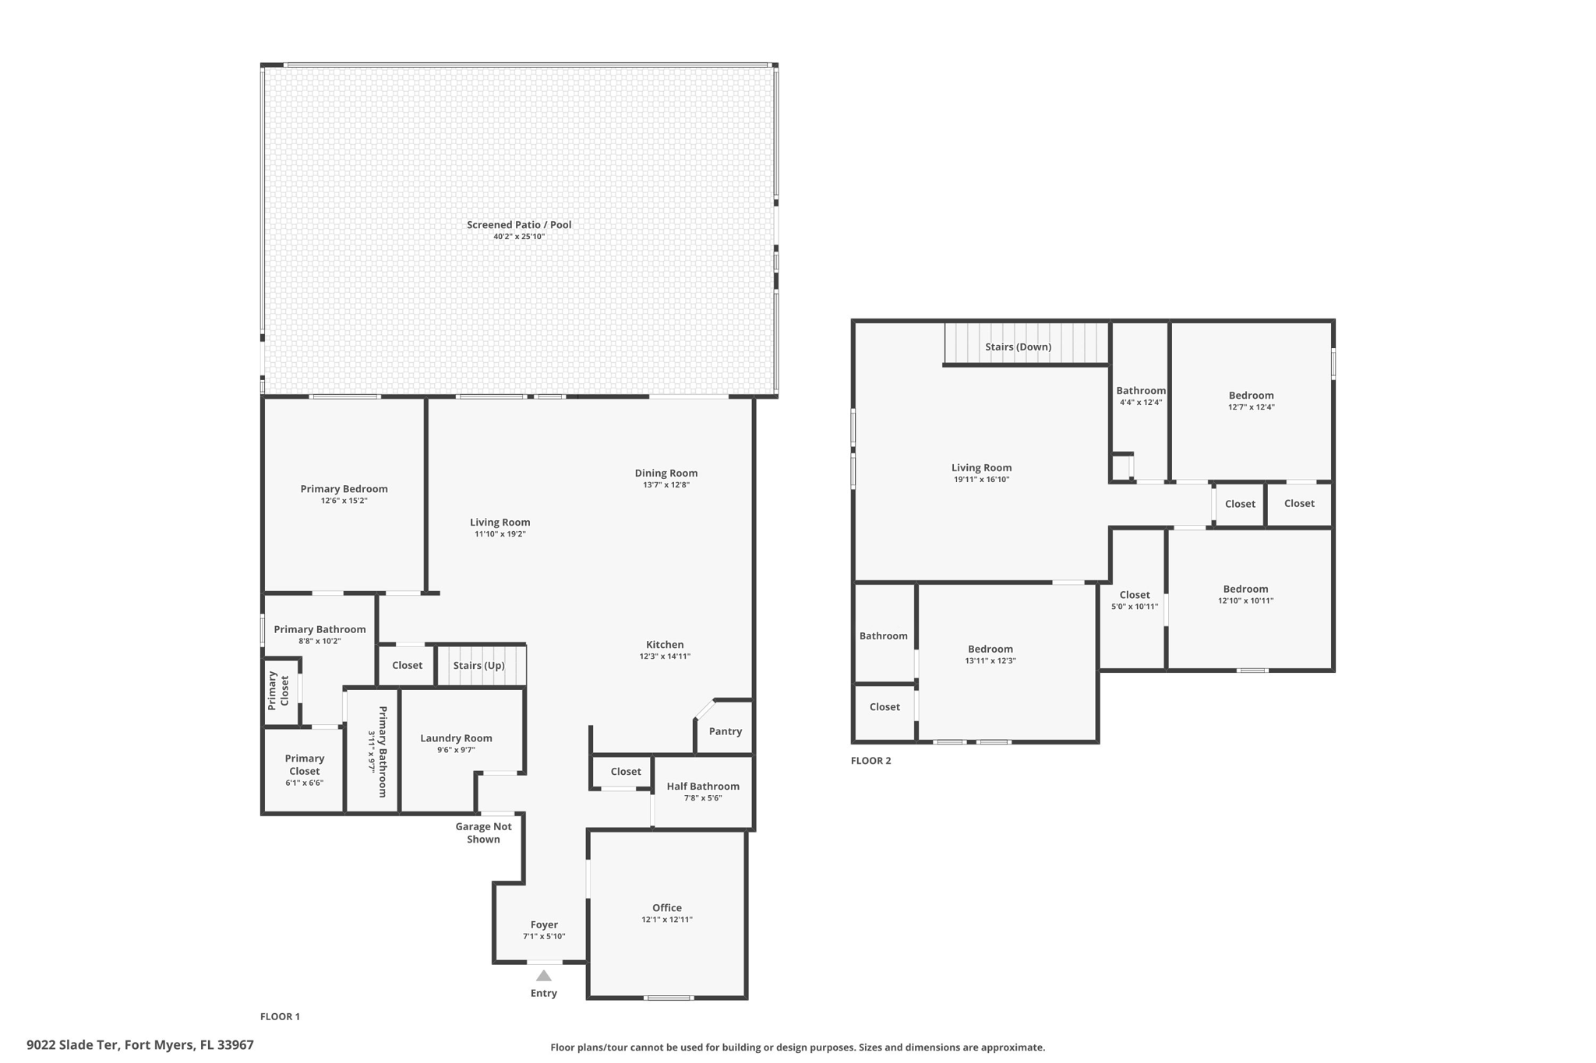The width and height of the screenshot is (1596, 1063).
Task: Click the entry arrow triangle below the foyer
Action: click(x=544, y=976)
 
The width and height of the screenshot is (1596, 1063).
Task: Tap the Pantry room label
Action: click(x=726, y=731)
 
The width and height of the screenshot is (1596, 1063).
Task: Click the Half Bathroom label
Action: click(x=703, y=787)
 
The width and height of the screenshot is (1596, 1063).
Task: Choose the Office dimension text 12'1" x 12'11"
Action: click(x=667, y=920)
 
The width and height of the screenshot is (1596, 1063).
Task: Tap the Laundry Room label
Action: click(x=456, y=738)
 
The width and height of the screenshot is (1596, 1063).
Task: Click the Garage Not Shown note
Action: click(x=484, y=833)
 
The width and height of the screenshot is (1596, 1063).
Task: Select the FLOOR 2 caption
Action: click(x=870, y=761)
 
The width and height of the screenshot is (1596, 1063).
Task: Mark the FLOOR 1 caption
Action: click(x=280, y=1016)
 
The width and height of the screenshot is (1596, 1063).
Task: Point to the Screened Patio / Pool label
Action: click(x=519, y=225)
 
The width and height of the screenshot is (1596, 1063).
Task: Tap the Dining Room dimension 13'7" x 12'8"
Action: click(x=666, y=485)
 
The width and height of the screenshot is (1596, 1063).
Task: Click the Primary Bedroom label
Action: click(x=344, y=489)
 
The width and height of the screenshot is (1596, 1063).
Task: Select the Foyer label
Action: click(x=544, y=925)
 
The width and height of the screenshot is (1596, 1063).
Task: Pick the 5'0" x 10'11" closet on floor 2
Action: click(x=1135, y=600)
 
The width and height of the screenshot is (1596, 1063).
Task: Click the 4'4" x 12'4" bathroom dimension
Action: click(x=1141, y=403)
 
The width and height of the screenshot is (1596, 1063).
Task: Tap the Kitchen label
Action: click(x=665, y=645)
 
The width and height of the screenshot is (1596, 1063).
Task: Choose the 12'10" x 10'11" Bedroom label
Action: click(x=1245, y=590)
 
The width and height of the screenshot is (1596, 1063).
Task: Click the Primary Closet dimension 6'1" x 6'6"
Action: click(x=304, y=783)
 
